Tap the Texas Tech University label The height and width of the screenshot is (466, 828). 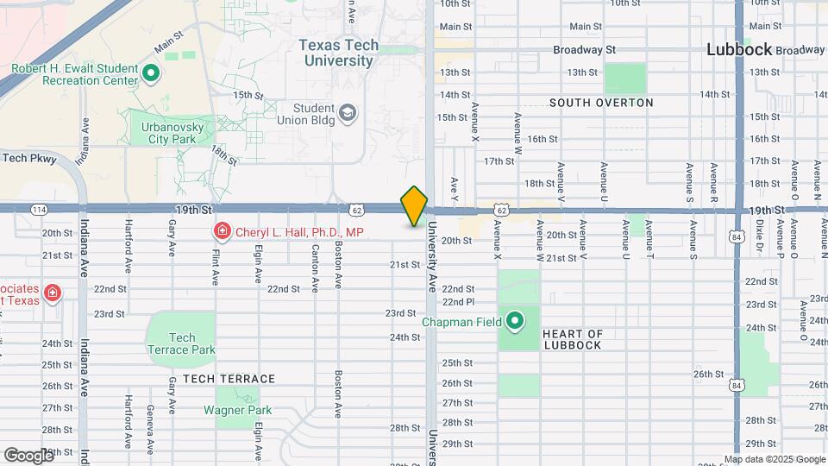pos(337,53)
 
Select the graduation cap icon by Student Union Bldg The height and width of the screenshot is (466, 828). pos(347,113)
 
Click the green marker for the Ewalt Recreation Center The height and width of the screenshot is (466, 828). pos(151,73)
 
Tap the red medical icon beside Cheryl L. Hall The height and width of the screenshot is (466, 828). pos(222,231)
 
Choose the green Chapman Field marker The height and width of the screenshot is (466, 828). pos(515,322)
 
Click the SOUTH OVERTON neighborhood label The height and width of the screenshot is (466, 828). pos(601,103)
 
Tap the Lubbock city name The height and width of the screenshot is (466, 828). pos(739,49)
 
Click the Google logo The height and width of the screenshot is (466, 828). pos(28,455)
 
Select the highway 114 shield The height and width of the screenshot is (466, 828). pos(39,210)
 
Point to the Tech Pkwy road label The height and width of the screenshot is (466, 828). pos(28,158)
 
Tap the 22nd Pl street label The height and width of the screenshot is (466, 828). pos(458,302)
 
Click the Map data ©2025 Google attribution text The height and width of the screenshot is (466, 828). pos(774,459)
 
